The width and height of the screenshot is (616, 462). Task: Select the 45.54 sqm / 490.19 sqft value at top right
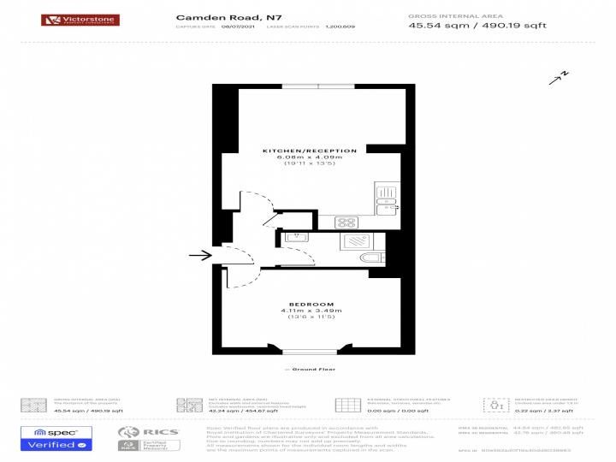coord(477,25)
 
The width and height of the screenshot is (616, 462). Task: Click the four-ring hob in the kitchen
coord(347,222)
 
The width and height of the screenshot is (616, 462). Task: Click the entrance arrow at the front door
coord(199,255)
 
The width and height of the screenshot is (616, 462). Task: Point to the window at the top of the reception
coord(319,86)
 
